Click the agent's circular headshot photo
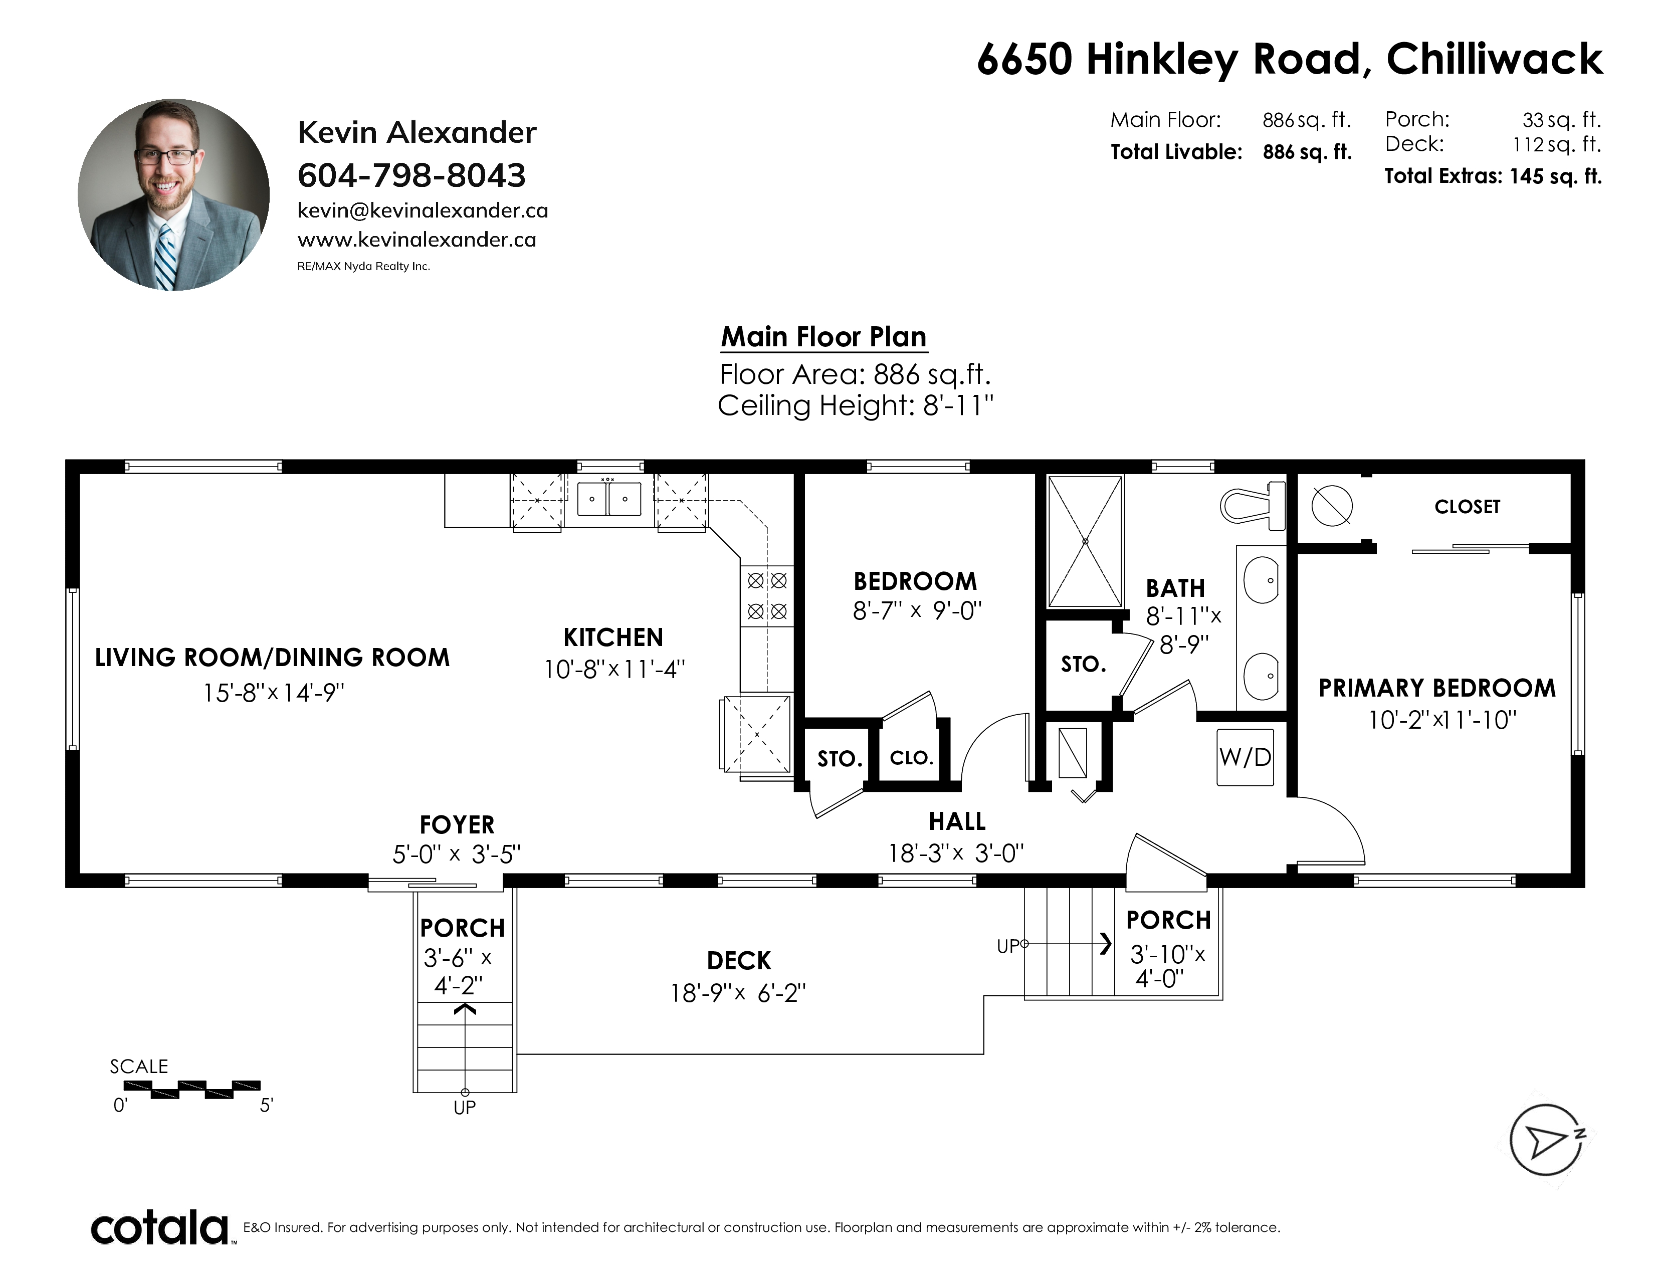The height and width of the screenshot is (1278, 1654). pyautogui.click(x=173, y=194)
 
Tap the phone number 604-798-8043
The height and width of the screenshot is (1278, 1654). pyautogui.click(x=411, y=175)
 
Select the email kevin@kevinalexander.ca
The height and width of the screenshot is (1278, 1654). pyautogui.click(x=423, y=210)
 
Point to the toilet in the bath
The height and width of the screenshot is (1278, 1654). pyautogui.click(x=1254, y=504)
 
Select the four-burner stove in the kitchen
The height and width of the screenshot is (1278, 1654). pyautogui.click(x=767, y=596)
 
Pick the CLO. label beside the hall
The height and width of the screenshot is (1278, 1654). pyautogui.click(x=911, y=758)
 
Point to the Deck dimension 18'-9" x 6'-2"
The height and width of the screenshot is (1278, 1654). pyautogui.click(x=738, y=992)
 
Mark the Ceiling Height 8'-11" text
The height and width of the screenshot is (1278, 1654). pyautogui.click(x=855, y=406)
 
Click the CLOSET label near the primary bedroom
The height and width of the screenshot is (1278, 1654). pyautogui.click(x=1467, y=507)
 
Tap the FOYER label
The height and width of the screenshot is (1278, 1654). pyautogui.click(x=457, y=824)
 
